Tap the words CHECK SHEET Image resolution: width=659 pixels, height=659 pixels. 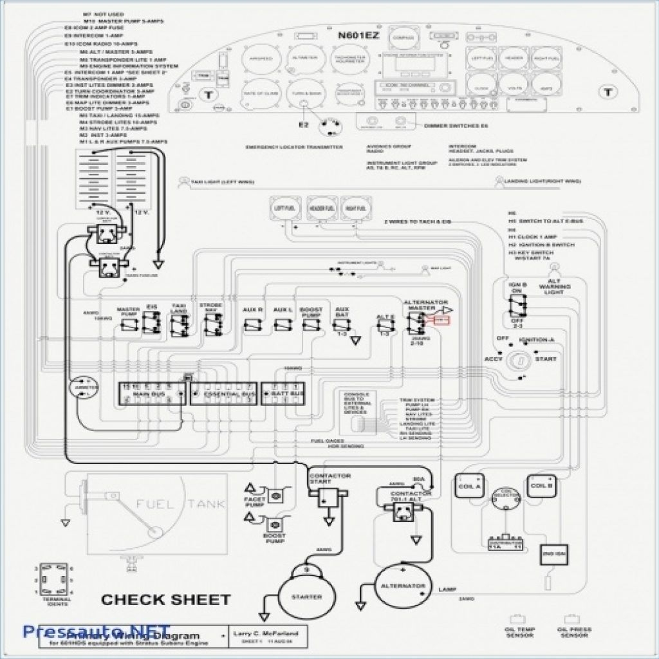coord(165,600)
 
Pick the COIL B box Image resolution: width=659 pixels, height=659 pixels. coord(542,487)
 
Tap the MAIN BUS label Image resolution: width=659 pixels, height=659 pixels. coord(147,393)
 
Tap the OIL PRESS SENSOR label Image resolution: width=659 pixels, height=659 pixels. coord(575,632)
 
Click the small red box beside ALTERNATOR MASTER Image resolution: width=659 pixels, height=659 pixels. coord(443,320)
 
